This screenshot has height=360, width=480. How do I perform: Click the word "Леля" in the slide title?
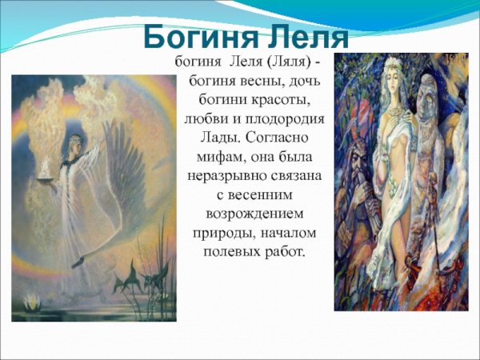coord(306,38)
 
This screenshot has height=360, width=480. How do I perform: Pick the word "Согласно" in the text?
coord(282,137)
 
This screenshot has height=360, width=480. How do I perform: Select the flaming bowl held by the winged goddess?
coord(61,170)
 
